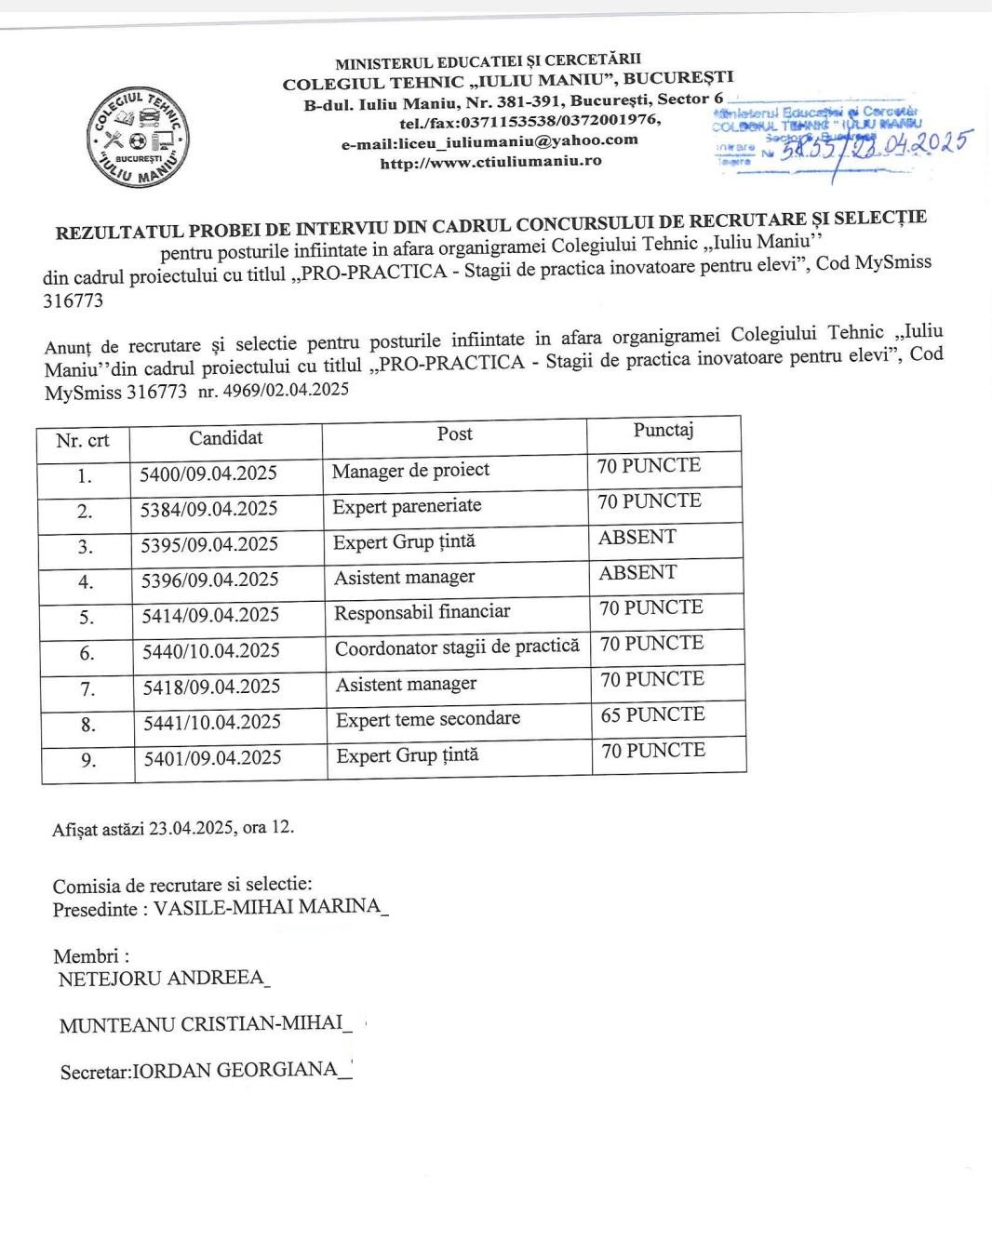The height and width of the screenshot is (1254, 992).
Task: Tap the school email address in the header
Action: coord(489,141)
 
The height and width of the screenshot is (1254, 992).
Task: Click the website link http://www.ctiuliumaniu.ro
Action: coord(490,162)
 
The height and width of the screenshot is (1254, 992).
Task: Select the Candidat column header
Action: coord(225,437)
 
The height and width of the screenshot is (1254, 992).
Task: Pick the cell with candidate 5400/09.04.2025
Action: coord(208,474)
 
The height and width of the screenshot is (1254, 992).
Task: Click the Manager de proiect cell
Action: coord(410,470)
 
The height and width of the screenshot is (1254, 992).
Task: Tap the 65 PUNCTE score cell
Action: coord(651,714)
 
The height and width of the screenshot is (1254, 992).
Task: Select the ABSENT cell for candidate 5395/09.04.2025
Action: coord(637,538)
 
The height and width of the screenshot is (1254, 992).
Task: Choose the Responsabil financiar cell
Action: coord(422,612)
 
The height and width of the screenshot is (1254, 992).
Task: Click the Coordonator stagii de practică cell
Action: coord(456,647)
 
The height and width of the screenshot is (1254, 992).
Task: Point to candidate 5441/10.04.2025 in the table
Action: coord(211,722)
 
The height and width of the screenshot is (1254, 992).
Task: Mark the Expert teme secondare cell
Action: coord(427,719)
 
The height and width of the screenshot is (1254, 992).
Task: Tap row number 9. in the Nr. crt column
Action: coord(88,761)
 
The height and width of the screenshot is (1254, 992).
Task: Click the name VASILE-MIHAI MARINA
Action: coord(267,907)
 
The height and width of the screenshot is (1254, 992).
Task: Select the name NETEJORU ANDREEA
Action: coord(161,979)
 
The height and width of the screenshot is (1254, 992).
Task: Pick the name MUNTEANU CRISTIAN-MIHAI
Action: coord(201,1024)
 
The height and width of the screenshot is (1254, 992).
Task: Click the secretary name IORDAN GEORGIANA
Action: coord(235,1070)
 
